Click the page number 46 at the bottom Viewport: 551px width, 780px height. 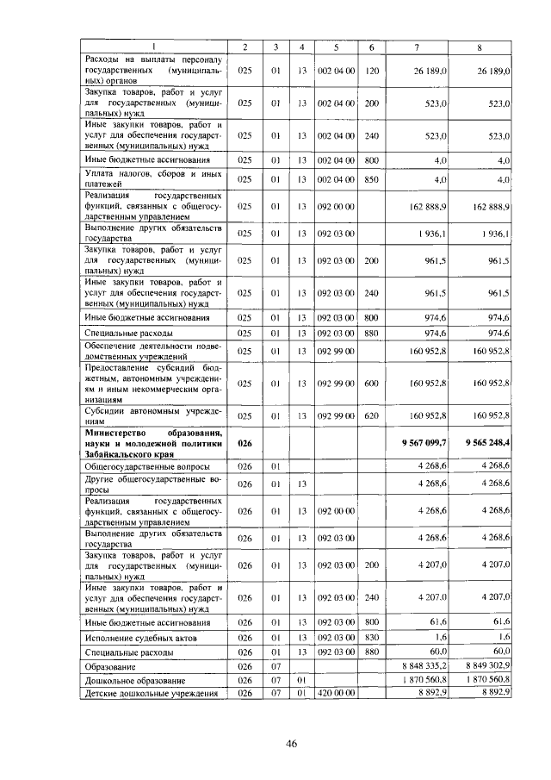tap(291, 746)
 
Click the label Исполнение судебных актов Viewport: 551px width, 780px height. tap(141, 637)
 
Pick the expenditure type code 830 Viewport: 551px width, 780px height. tap(371, 637)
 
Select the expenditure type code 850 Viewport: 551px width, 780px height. tap(371, 179)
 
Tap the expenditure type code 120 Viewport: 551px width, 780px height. tap(371, 70)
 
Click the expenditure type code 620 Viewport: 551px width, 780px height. tap(371, 415)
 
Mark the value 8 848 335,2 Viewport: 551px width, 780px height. tap(425, 666)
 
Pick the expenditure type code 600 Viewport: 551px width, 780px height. tap(371, 383)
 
